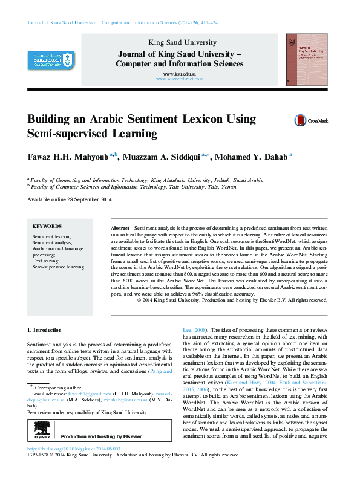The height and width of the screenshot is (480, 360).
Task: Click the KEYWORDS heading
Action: pos(47,225)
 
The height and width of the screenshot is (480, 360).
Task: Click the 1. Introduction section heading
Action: pos(45,330)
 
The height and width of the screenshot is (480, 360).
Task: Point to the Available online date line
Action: pos(70,199)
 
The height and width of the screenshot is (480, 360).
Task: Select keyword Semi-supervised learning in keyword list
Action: pos(58,266)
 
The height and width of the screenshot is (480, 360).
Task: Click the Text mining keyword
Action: pos(46,260)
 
